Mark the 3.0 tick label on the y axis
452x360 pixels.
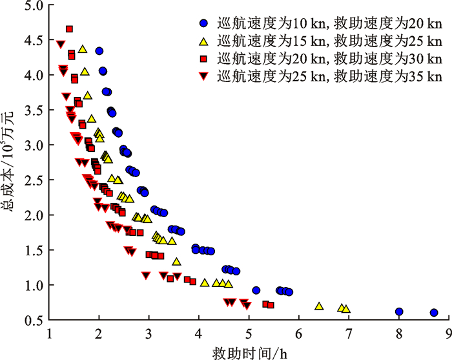click(x=34, y=145)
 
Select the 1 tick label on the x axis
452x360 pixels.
click(x=50, y=334)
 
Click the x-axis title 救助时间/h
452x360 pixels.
click(x=249, y=352)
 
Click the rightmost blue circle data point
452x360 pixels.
click(x=434, y=313)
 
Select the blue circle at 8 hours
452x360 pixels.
click(x=399, y=312)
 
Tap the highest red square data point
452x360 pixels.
click(x=69, y=29)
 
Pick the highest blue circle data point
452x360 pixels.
click(x=99, y=51)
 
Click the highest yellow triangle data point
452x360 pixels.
click(x=83, y=49)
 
